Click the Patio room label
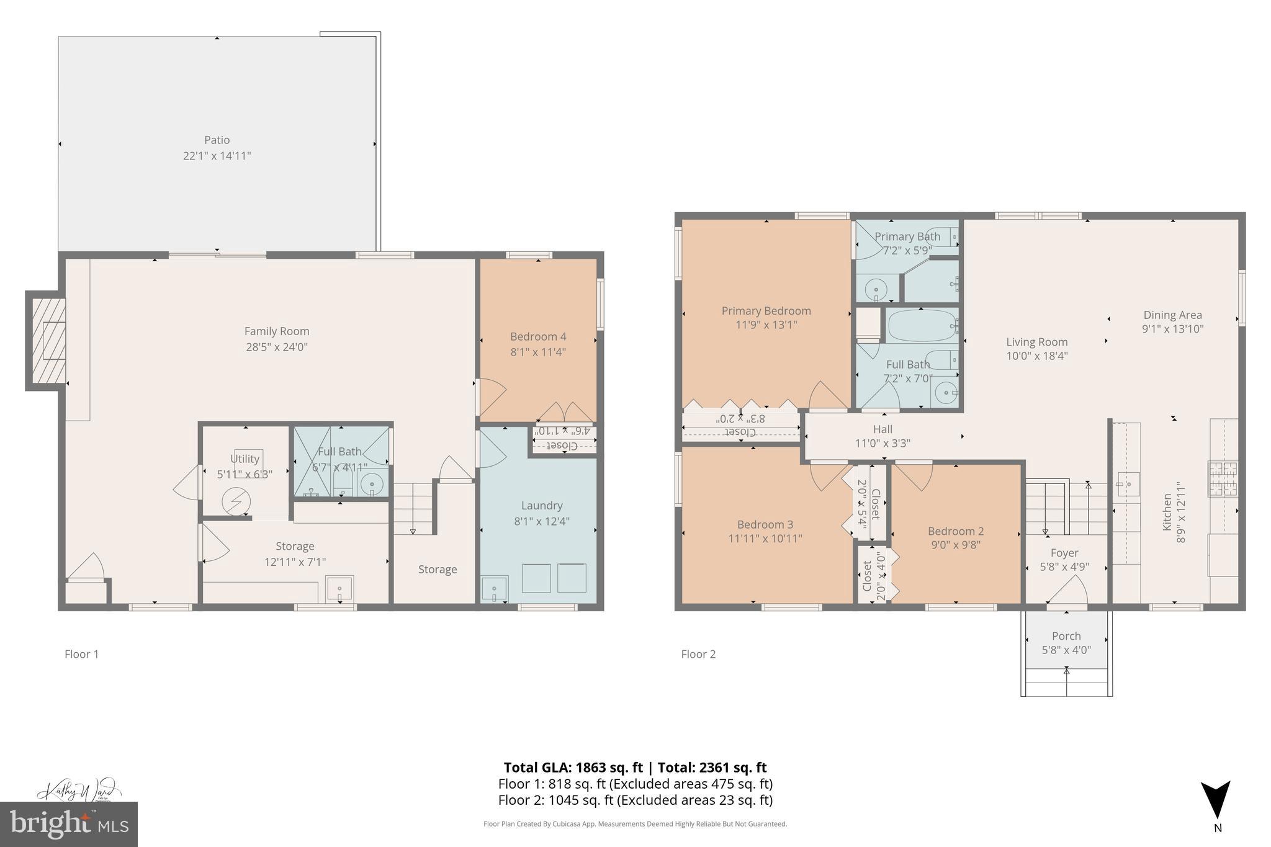[217, 140]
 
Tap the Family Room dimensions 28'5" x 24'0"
[276, 347]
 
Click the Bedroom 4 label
[537, 337]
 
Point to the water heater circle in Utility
[236, 501]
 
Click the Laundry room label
[541, 506]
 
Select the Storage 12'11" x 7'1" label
[295, 553]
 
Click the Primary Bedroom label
[766, 311]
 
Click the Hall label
[883, 429]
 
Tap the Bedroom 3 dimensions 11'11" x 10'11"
[765, 539]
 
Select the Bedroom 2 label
[955, 531]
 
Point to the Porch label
[1066, 636]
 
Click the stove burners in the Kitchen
[1222, 478]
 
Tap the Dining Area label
[1172, 315]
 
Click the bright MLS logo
[68, 824]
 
